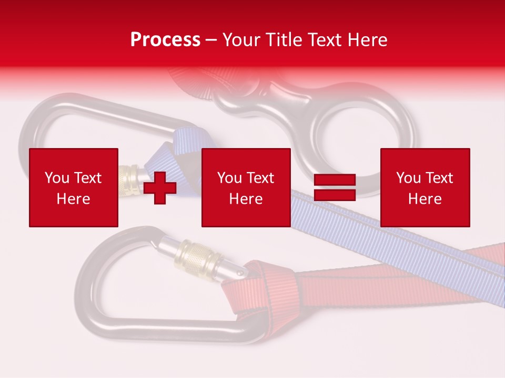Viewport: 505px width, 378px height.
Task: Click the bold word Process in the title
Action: tap(165, 40)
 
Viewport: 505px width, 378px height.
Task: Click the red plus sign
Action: tap(160, 188)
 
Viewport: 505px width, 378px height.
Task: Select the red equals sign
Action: tap(335, 187)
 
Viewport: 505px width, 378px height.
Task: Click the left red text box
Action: tap(73, 187)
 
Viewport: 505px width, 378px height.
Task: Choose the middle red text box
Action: tap(246, 187)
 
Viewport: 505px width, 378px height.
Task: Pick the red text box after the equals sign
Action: tap(425, 187)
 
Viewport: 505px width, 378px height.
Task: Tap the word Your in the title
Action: tap(243, 40)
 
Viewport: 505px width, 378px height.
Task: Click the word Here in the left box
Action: tap(73, 199)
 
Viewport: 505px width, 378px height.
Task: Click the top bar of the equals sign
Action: tap(335, 180)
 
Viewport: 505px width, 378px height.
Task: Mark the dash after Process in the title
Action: tap(211, 40)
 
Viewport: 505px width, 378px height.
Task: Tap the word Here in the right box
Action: tap(425, 199)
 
